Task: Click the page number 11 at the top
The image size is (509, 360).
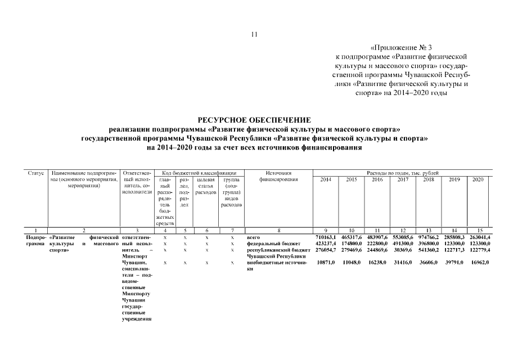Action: pos(254,35)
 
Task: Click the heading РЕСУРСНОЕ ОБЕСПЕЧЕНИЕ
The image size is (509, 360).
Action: pos(254,120)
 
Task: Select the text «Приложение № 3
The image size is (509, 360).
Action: pos(402,48)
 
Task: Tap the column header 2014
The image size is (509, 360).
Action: pos(326,179)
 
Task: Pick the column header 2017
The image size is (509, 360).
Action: pos(403,179)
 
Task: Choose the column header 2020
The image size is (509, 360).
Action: pos(478,179)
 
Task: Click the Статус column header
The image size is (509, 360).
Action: pos(36,173)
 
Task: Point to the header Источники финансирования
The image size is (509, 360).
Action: pos(277,176)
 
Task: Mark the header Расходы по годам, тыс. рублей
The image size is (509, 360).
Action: pos(402,173)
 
